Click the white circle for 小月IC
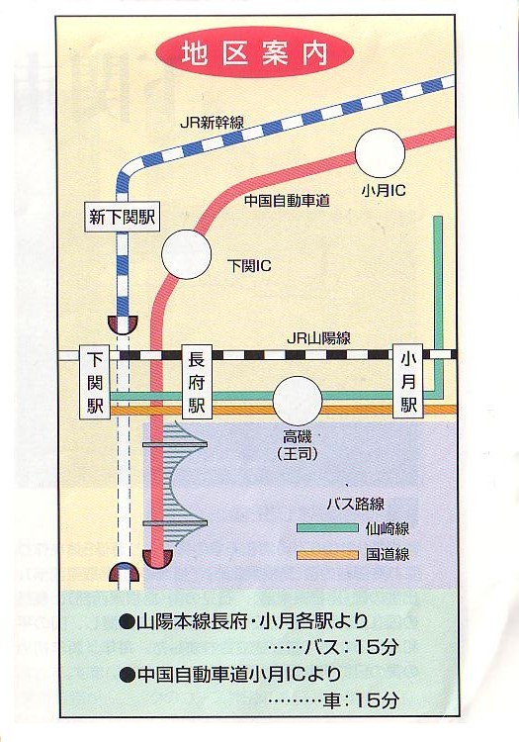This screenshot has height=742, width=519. (380, 153)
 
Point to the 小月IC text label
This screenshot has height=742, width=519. (383, 188)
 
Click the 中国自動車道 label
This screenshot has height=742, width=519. (287, 201)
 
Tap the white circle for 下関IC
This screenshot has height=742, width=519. (187, 254)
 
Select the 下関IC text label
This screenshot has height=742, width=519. (249, 266)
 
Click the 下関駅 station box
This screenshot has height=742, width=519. (96, 382)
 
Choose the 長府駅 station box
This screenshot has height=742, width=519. (196, 382)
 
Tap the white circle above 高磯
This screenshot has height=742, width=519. (298, 401)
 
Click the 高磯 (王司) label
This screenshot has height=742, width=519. (296, 444)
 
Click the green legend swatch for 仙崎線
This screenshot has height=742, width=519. (326, 528)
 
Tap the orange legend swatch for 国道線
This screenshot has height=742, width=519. (326, 554)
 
